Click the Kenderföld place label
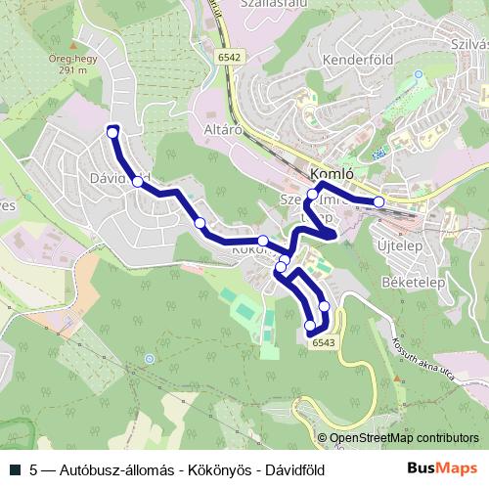coord(357,59)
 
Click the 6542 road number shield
coord(230,59)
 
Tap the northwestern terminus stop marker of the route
coord(112,132)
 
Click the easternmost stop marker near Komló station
coord(378,201)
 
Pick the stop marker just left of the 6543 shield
coord(310,325)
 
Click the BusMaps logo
coord(442,468)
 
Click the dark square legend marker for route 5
coord(14,469)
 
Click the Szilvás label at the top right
coord(464,45)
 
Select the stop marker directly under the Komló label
coord(313,195)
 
